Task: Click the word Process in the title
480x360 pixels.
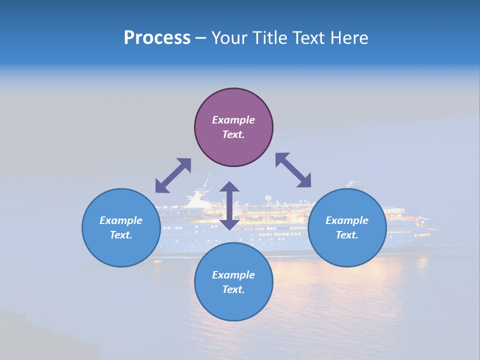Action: (x=157, y=38)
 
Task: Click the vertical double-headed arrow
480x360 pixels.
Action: (x=229, y=205)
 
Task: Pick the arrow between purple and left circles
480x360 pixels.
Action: (x=173, y=175)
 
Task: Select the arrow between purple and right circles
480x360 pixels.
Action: (x=293, y=170)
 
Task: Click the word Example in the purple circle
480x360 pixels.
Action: (x=233, y=120)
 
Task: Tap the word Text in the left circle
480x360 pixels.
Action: (x=121, y=235)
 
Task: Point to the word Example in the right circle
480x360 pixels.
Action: (x=347, y=220)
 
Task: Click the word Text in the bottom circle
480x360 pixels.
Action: (x=233, y=289)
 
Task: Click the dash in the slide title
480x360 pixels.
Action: (x=200, y=38)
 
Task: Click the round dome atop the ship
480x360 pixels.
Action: (x=269, y=198)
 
